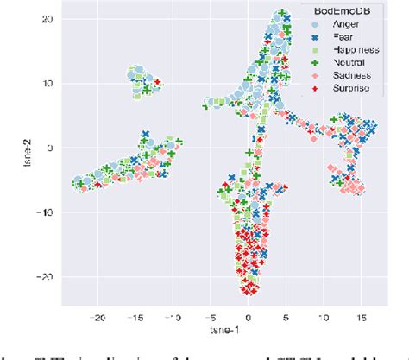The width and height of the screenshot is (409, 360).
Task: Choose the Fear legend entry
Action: click(336, 38)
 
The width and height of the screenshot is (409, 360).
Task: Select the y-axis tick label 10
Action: click(47, 84)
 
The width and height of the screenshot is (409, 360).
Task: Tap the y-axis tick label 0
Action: click(51, 148)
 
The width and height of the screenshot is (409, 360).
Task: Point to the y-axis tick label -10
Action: click(45, 212)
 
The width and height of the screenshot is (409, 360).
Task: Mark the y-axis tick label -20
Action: click(45, 277)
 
